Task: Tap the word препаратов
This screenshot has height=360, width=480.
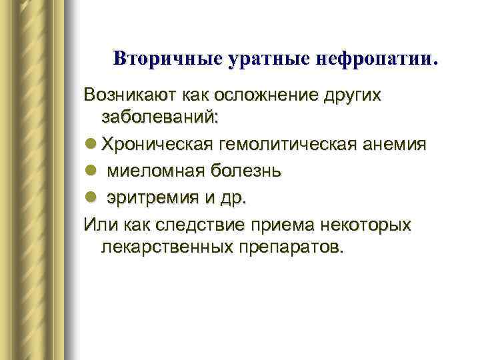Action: pyautogui.click(x=288, y=248)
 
